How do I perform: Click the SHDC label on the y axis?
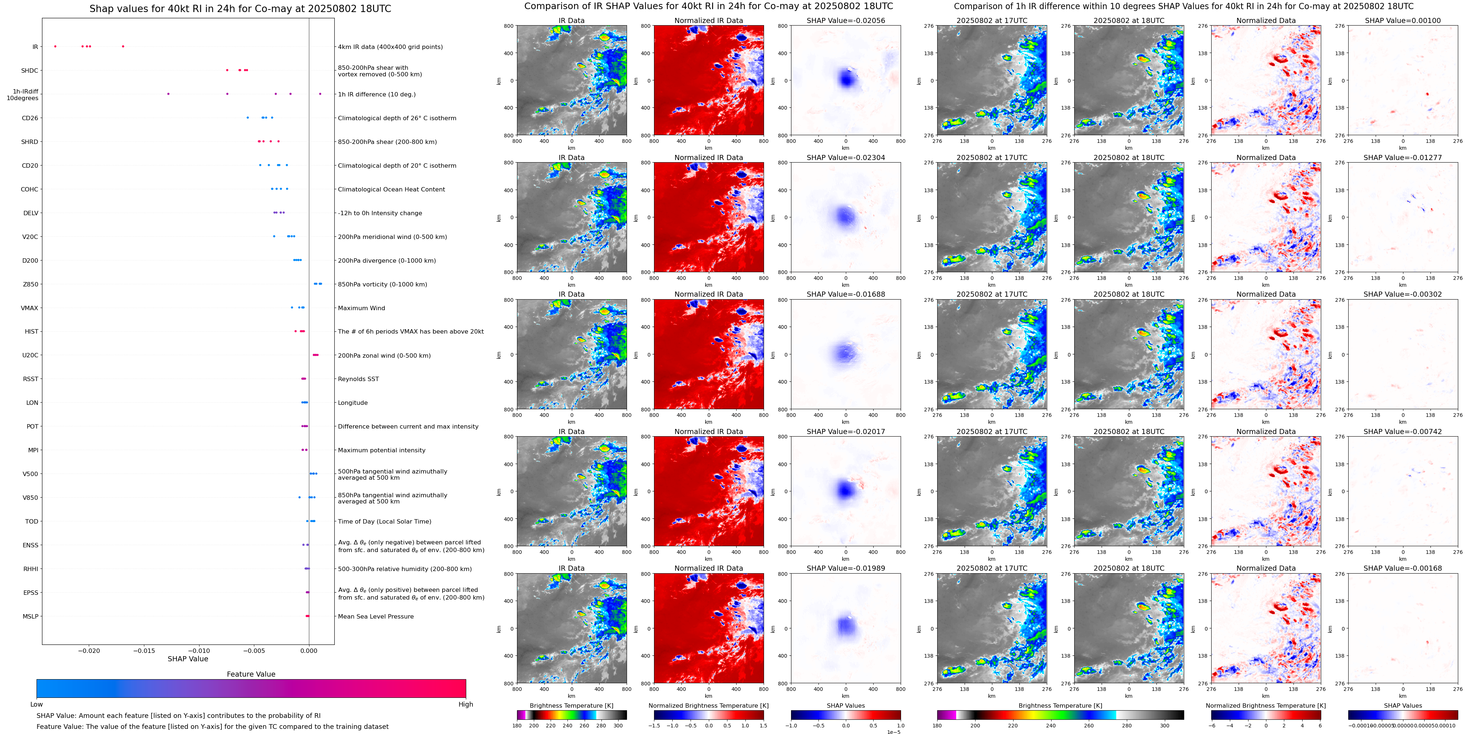[x=30, y=71]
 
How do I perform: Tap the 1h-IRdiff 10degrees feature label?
[x=23, y=95]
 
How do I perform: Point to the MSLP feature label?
[x=31, y=616]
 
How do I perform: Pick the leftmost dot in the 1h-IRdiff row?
[x=168, y=94]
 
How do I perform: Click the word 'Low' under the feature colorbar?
[x=37, y=704]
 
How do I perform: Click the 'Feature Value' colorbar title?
[x=251, y=674]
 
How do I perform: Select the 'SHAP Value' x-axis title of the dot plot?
[x=187, y=659]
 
